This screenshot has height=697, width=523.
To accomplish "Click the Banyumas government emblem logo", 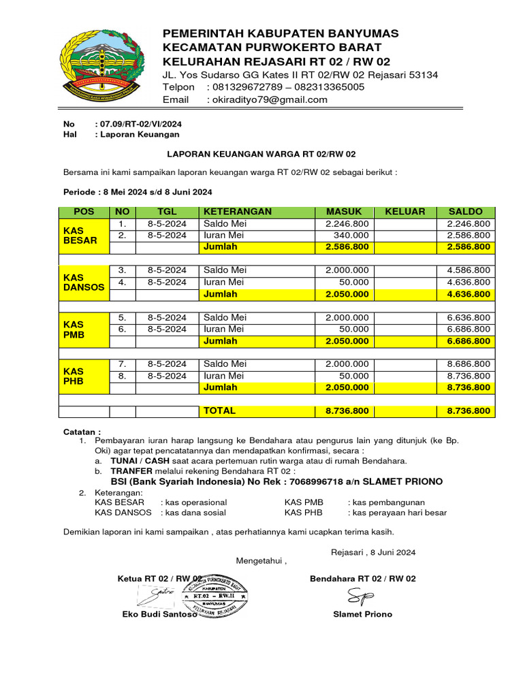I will (x=101, y=65).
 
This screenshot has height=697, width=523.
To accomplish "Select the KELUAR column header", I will (x=405, y=212).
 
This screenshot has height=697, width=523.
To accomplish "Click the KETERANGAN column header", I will (x=237, y=212).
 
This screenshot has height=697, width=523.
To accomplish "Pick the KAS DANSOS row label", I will (x=84, y=282).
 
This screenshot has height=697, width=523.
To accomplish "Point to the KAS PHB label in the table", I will (x=74, y=376).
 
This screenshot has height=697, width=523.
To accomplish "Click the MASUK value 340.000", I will (x=350, y=236).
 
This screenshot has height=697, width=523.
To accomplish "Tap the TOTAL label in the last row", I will (x=219, y=411).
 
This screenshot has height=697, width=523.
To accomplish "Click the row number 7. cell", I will (x=122, y=364).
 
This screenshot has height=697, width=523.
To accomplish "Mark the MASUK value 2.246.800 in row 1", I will (x=347, y=224).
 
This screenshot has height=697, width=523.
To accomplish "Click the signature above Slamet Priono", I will (x=360, y=596).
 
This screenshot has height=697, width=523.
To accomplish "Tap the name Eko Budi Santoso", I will (x=159, y=614).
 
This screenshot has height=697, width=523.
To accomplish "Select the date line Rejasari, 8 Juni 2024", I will (x=373, y=552).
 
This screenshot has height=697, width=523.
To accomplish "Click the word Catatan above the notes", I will (x=82, y=432).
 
